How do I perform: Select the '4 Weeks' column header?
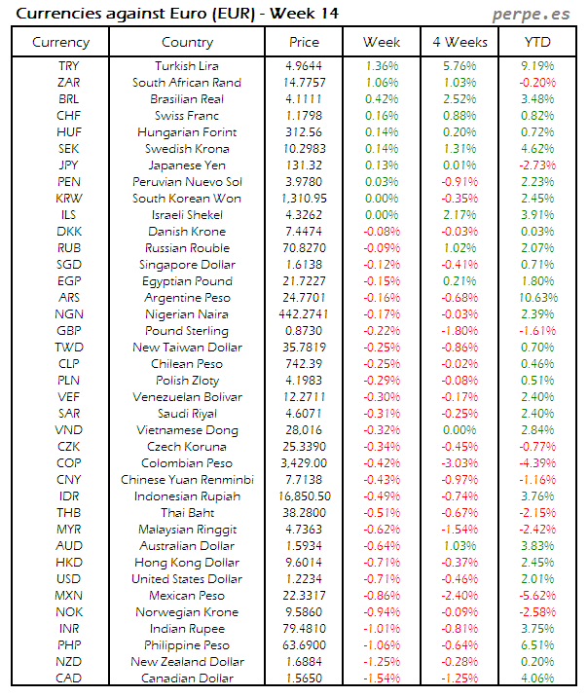pos(459,43)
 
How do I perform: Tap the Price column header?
pos(304,43)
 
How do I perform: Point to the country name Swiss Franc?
pos(187,116)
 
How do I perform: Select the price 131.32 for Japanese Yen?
pos(304,165)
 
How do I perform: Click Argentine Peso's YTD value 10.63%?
pos(537,298)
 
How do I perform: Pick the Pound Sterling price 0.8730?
pos(304,331)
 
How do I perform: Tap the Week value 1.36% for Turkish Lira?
pos(381,66)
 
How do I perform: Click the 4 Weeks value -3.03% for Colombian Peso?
pos(459,463)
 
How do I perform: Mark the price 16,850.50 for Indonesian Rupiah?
pos(304,496)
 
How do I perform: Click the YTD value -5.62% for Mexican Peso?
pos(537,596)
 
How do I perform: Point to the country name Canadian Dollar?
pos(187,679)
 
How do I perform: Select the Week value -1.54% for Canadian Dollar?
pos(381,679)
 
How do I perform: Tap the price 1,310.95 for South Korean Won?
pos(304,199)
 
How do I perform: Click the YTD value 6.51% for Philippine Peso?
pos(537,645)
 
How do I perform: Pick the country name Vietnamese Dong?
pos(187,430)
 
